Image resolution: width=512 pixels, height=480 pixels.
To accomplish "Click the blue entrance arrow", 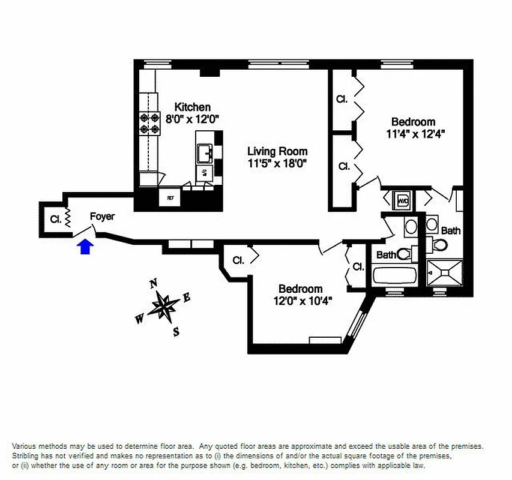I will [x=85, y=246].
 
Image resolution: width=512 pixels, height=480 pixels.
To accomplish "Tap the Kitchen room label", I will [x=192, y=107].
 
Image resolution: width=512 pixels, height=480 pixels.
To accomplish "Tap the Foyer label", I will [x=102, y=217].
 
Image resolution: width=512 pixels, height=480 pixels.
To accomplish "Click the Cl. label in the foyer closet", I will [x=55, y=219].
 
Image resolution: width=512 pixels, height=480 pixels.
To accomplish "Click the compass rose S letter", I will [x=176, y=331].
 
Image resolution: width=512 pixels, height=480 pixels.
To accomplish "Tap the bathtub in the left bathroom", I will [x=394, y=275].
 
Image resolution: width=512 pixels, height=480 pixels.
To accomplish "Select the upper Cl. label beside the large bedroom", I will [x=342, y=99].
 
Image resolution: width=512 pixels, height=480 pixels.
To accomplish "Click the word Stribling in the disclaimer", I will [x=29, y=456].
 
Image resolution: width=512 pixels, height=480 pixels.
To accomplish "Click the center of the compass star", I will [x=163, y=306].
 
